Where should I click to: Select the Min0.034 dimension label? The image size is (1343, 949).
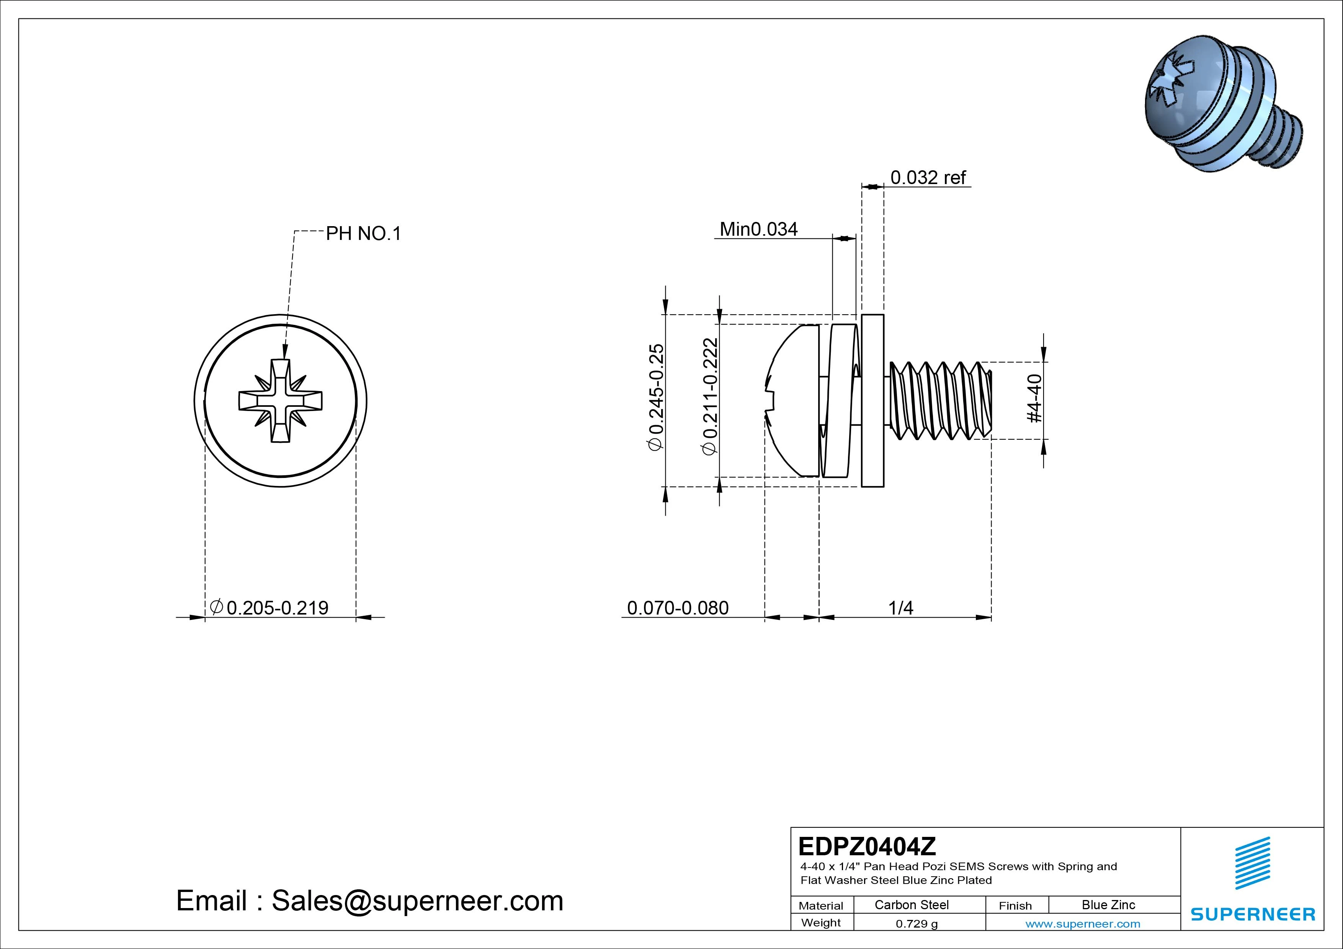758,229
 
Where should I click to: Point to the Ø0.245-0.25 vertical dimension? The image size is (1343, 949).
656,397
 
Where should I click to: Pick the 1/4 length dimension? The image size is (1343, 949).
900,608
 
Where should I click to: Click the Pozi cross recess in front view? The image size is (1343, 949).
280,401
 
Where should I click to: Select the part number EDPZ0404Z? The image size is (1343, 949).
866,846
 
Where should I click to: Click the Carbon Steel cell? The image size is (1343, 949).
911,905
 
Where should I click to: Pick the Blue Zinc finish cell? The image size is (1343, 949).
1108,905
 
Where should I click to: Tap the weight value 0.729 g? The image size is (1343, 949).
917,924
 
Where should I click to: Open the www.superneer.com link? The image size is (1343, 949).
1082,924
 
